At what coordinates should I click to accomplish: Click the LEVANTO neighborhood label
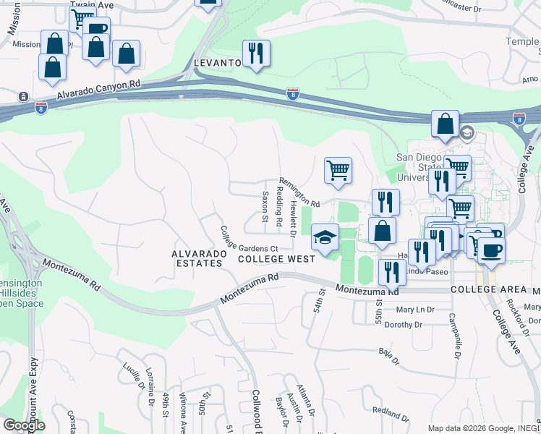(217, 64)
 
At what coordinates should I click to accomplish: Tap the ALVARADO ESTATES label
(197, 258)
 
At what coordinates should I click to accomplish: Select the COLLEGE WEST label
(276, 259)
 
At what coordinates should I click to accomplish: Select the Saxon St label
(265, 208)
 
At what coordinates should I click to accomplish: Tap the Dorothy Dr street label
(408, 325)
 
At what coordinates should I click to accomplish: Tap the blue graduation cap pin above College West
(325, 236)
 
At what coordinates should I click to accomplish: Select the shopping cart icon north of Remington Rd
(337, 170)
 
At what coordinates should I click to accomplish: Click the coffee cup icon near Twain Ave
(96, 29)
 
